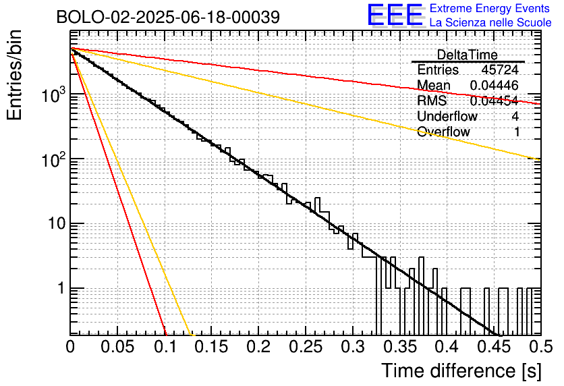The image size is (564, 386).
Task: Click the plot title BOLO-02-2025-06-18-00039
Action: pyautogui.click(x=168, y=18)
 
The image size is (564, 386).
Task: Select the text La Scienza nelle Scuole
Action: pyautogui.click(x=490, y=22)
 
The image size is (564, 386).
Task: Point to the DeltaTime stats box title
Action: pyautogui.click(x=468, y=55)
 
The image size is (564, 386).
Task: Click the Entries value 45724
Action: pyautogui.click(x=500, y=70)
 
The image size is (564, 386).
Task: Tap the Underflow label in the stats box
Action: pyautogui.click(x=447, y=116)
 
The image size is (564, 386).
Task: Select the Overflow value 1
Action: pyautogui.click(x=517, y=132)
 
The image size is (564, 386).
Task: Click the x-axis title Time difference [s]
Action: pyautogui.click(x=460, y=370)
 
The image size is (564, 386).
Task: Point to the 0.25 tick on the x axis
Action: pyautogui.click(x=305, y=347)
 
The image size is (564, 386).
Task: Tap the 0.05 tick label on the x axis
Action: pyautogui.click(x=117, y=347)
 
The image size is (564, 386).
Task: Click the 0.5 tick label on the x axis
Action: pyautogui.click(x=537, y=347)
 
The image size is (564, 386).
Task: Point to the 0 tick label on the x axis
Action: pyautogui.click(x=71, y=347)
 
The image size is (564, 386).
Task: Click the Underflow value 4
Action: pyautogui.click(x=516, y=116)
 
